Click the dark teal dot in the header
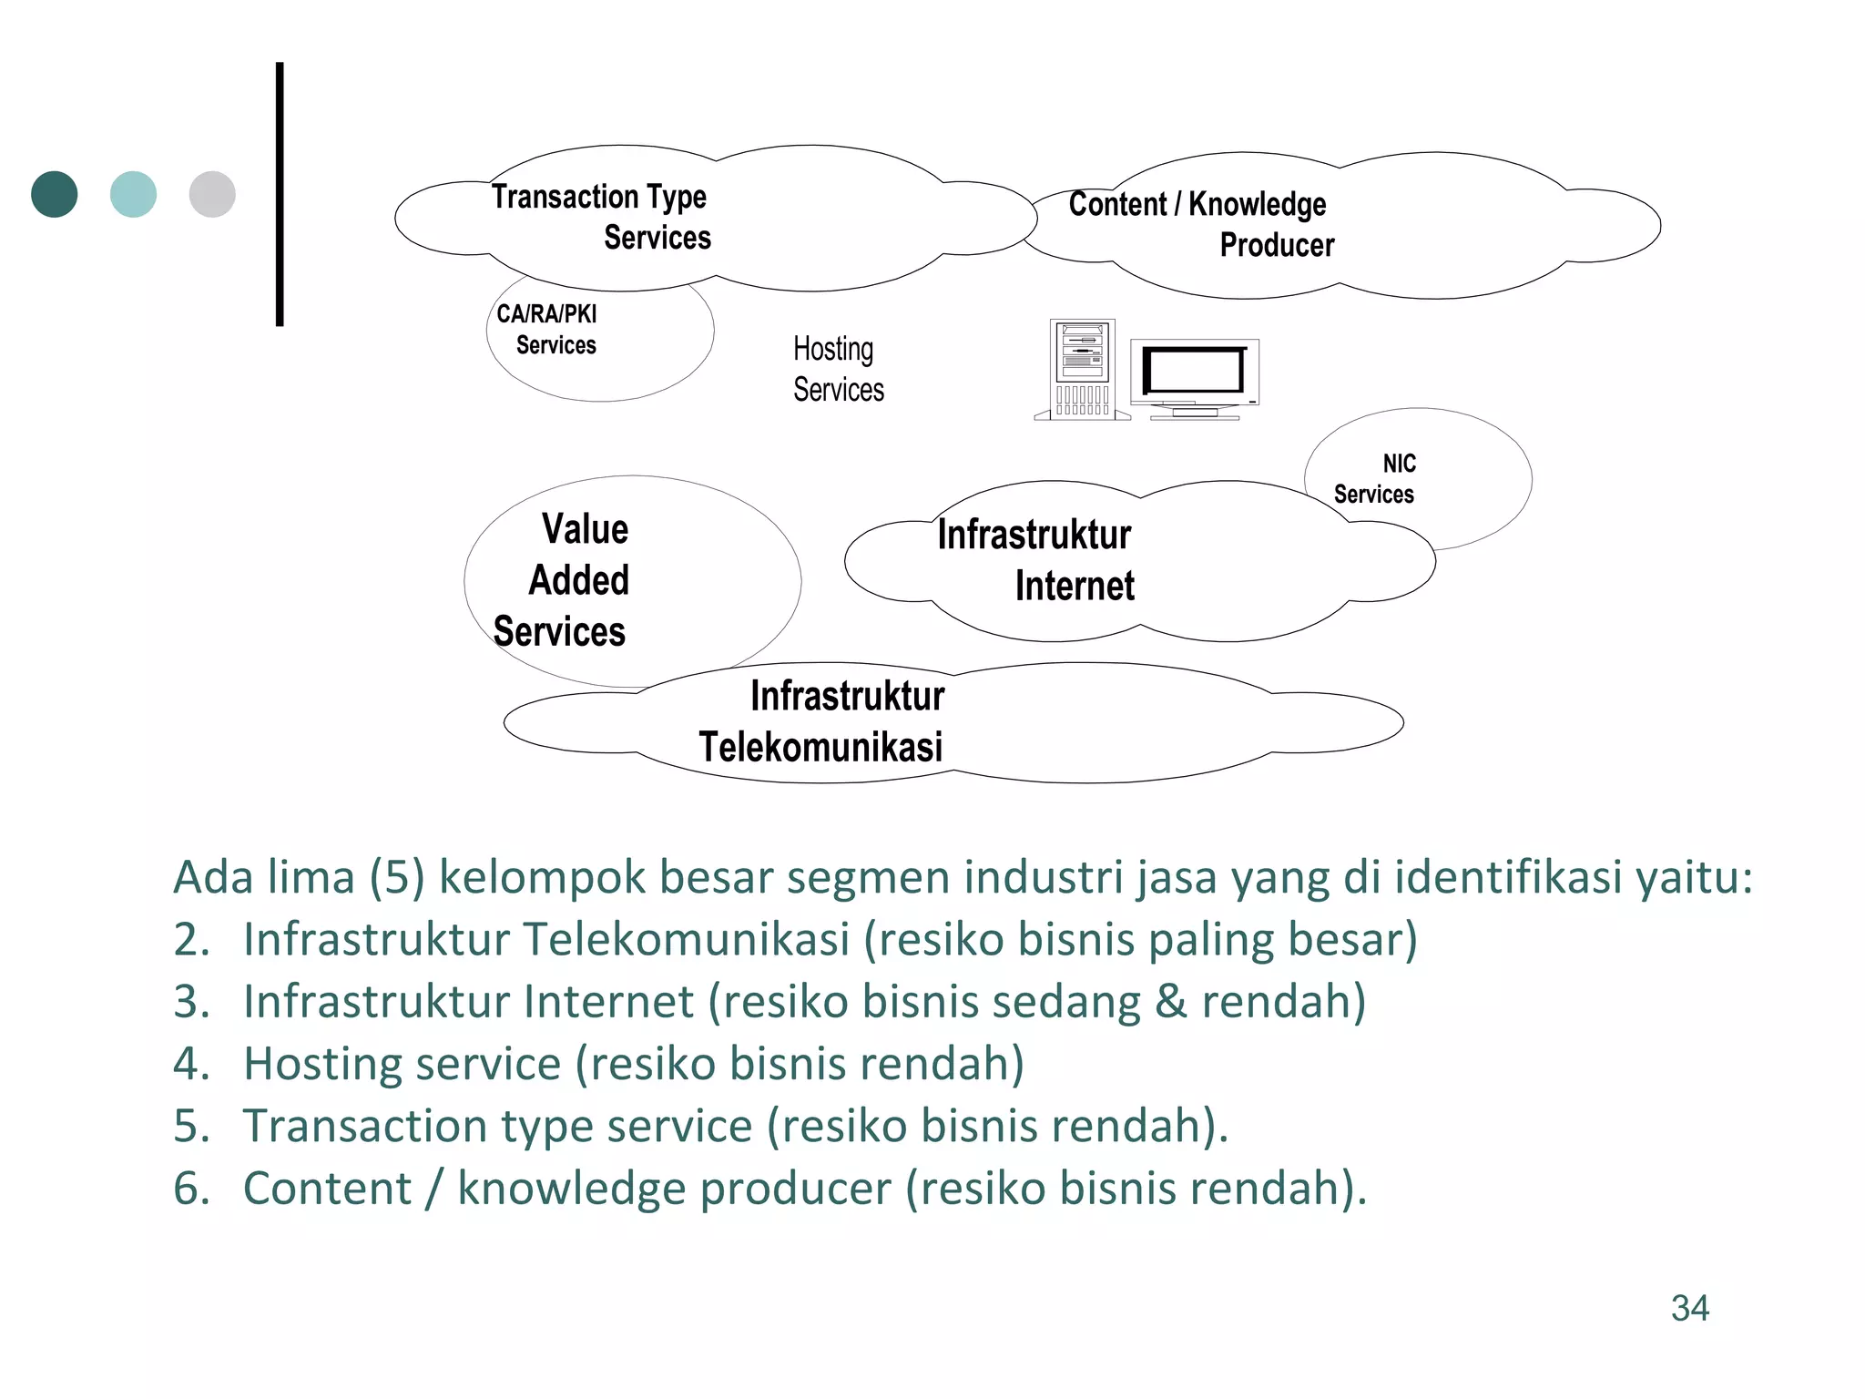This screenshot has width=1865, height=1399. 55,194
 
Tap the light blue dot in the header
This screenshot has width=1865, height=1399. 133,194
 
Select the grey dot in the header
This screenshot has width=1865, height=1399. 212,194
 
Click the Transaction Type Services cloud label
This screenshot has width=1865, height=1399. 601,217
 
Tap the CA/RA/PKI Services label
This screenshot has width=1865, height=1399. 547,329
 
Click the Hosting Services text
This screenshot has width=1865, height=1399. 838,369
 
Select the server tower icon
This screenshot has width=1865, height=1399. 1082,369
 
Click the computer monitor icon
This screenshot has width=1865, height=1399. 1195,377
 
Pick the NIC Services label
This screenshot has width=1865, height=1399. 1375,478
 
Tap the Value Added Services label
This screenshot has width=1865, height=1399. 562,580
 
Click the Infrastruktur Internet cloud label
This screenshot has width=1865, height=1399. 1035,560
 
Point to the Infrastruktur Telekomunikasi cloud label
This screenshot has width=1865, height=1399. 822,720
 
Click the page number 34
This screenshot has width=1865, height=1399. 1689,1308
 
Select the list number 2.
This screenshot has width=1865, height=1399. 190,939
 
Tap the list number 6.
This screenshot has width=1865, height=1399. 190,1188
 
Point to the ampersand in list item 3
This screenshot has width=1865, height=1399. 1171,1001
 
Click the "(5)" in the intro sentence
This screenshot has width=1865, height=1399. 396,877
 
